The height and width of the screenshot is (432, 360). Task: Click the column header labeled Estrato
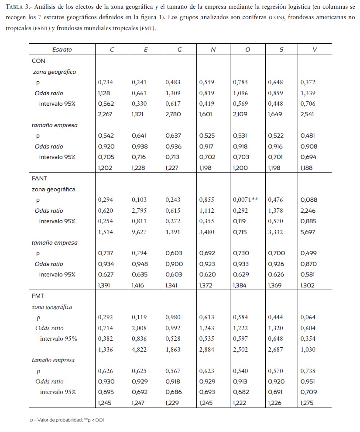[x=62, y=50]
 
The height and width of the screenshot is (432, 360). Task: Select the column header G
[x=179, y=50]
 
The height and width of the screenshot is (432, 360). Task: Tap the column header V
[x=315, y=50]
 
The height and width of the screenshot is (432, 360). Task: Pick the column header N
[x=213, y=50]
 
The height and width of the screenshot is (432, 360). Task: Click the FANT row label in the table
[x=40, y=179]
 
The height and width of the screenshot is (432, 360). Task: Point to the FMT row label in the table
[x=38, y=296]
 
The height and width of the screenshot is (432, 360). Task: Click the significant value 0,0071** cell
[x=245, y=200]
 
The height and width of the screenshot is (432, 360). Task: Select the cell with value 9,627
[x=140, y=232]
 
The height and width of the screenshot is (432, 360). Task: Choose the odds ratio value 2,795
[x=140, y=211]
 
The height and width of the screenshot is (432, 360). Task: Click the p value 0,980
[x=173, y=318]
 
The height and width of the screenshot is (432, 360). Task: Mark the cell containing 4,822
[x=140, y=349]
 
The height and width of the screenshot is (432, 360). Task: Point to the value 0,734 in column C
[x=106, y=82]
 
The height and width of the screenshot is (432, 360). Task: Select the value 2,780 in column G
[x=173, y=114]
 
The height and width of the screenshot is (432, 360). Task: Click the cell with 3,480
[x=207, y=232]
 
